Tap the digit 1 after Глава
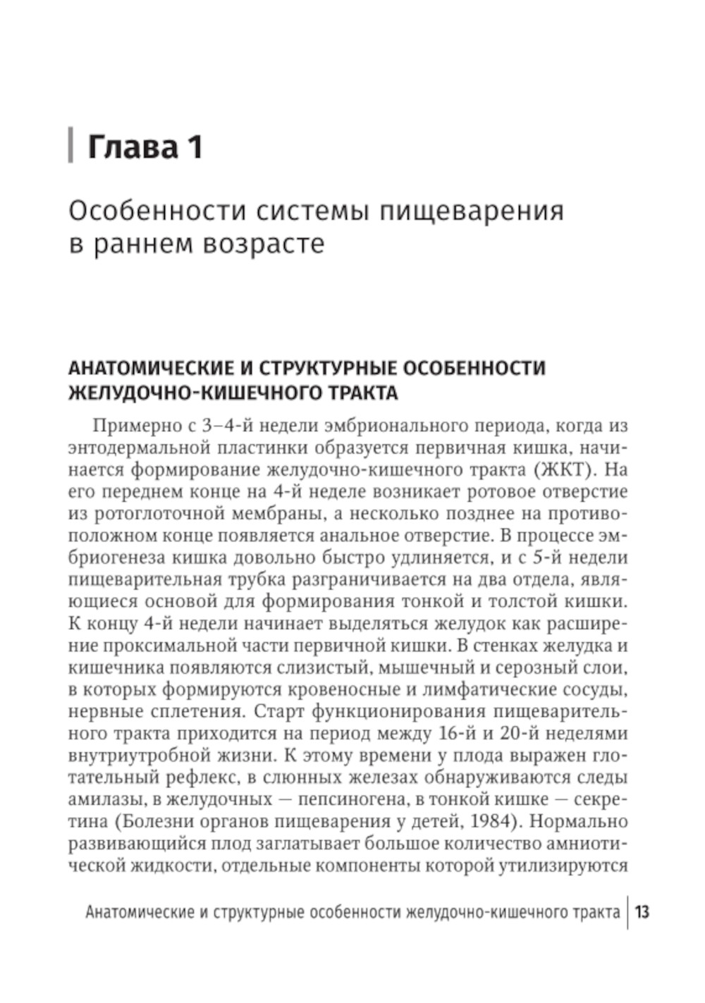click(x=194, y=147)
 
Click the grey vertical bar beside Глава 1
click(x=70, y=146)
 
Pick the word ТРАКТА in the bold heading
click(x=362, y=393)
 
